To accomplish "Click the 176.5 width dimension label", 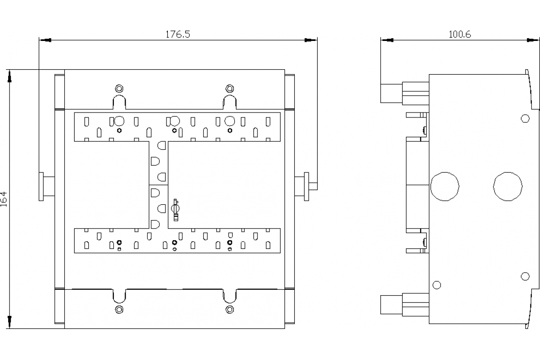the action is (x=178, y=34).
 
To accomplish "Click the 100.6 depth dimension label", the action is (x=459, y=34).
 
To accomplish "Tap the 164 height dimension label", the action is (x=4, y=199).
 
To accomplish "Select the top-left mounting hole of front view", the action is (x=119, y=89).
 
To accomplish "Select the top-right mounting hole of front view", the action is (x=230, y=89).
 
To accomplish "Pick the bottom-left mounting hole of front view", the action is (x=119, y=309).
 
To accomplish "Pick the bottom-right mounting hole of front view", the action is (x=230, y=309).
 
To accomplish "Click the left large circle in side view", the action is (x=445, y=186).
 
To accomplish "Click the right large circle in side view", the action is (x=508, y=186).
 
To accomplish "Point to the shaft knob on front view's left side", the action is (x=47, y=186).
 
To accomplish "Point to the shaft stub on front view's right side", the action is (x=306, y=186).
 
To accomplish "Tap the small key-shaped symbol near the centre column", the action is (x=175, y=210).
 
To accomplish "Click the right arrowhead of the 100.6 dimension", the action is (x=533, y=40).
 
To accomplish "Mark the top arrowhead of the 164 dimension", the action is (x=9, y=76).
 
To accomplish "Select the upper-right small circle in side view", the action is (x=525, y=118).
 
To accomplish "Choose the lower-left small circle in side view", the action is (x=437, y=285).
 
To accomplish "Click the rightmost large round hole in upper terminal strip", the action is (x=230, y=121).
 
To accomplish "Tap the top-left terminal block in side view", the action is (x=405, y=93).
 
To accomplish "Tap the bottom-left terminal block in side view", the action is (x=405, y=305).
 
